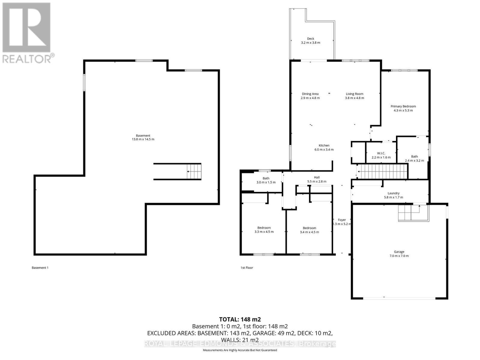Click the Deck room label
[x=310, y=39]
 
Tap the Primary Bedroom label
[x=403, y=106]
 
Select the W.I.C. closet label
[x=381, y=153]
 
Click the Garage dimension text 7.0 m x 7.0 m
[x=399, y=256]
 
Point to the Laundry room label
[x=393, y=193]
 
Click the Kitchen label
[x=324, y=145]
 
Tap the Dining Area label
[x=310, y=94]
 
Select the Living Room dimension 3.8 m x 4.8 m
[x=354, y=98]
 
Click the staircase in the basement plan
[x=194, y=172]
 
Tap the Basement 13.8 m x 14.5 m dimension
[x=143, y=139]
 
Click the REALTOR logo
[x=27, y=33]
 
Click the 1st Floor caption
[x=247, y=268]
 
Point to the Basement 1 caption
[x=40, y=268]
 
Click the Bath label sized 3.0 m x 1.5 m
[x=266, y=178]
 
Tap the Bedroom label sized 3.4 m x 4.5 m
[x=309, y=228]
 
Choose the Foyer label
[x=342, y=220]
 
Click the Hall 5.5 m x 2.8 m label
[x=317, y=177]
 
